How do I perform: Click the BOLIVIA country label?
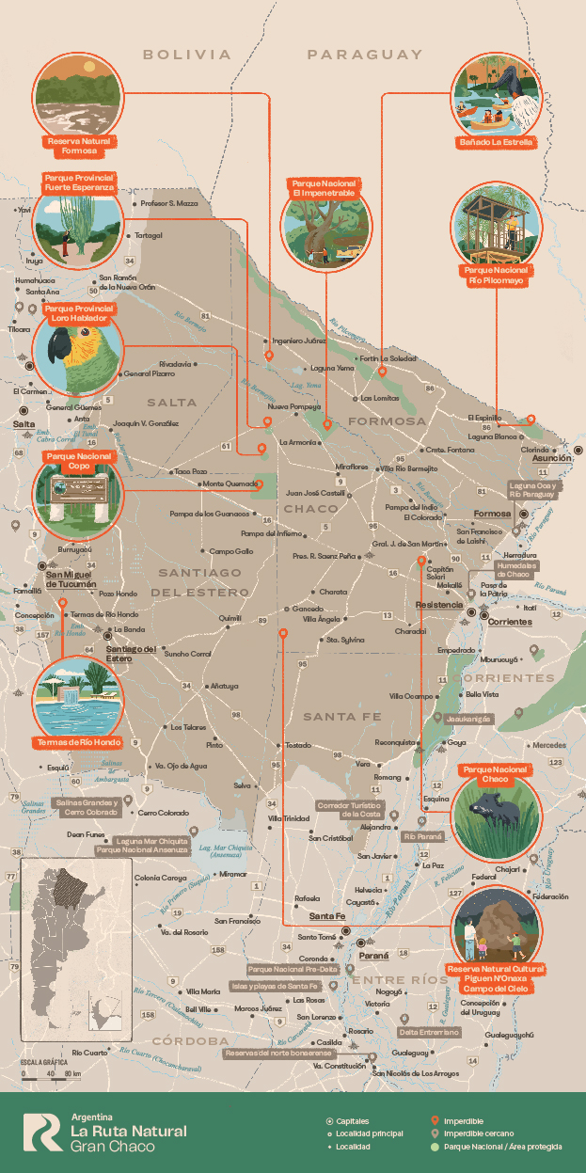click(x=186, y=55)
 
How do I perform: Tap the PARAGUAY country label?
click(x=365, y=55)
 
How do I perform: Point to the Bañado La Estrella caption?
click(x=497, y=142)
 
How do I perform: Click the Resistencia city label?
click(x=438, y=604)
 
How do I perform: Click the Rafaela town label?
click(x=307, y=897)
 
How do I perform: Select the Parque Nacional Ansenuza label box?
click(x=141, y=849)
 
